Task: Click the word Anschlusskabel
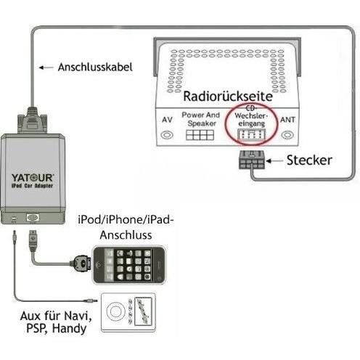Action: tap(95, 67)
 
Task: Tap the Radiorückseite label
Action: tap(228, 97)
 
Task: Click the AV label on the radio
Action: tap(167, 120)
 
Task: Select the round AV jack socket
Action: tap(167, 135)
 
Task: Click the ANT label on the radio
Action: tap(287, 120)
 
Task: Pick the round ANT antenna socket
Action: tap(287, 135)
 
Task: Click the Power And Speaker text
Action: tap(201, 119)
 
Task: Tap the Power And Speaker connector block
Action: tap(200, 135)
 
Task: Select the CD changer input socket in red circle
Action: tap(251, 134)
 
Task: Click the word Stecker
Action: tap(309, 160)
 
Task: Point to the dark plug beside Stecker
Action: tap(251, 160)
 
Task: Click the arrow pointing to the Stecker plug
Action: tap(274, 160)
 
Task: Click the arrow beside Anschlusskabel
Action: tap(46, 67)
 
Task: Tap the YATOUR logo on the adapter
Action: tap(33, 178)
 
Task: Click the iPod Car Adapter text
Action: tap(32, 186)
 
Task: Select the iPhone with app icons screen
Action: tap(129, 265)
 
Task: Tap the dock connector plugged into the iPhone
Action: tap(81, 263)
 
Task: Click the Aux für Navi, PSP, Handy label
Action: tap(56, 322)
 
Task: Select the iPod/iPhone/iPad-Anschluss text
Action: tap(126, 227)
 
